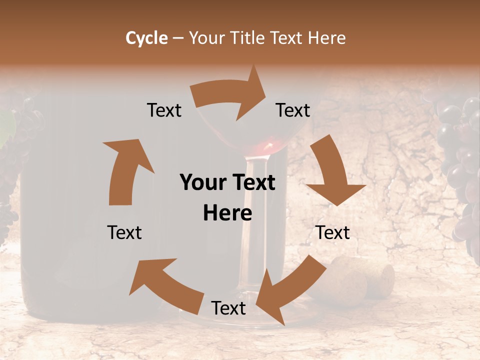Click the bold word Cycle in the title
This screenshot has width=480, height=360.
pos(146,38)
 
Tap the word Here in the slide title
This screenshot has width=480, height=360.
pos(326,38)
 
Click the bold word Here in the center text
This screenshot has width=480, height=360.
pos(227,213)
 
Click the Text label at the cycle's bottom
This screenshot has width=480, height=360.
pos(228,308)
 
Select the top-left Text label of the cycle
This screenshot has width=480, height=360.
pos(164,110)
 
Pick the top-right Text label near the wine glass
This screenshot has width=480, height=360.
pos(293,110)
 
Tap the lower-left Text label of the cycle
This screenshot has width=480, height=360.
pos(124,232)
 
